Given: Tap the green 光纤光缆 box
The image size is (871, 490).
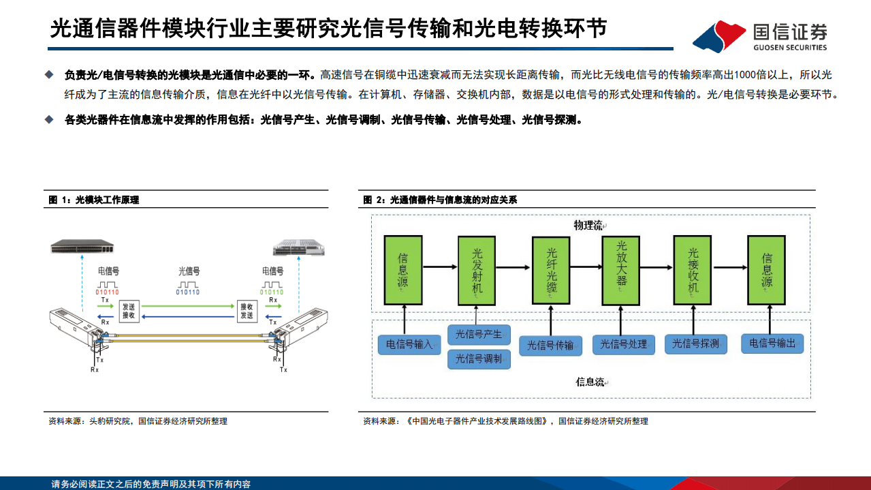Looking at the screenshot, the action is click(552, 270).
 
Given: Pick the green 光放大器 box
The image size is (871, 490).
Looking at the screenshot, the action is click(620, 270).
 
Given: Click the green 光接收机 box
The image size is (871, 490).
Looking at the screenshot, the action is click(693, 270).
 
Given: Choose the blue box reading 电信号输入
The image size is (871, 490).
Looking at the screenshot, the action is click(409, 345).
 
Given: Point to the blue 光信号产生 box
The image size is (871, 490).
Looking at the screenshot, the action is click(478, 335).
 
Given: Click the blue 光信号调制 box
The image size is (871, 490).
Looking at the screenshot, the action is click(478, 359).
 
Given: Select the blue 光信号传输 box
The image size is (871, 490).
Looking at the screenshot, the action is click(550, 346).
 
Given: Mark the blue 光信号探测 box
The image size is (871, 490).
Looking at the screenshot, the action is click(695, 344).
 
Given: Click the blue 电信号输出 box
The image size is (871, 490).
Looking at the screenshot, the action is click(772, 343).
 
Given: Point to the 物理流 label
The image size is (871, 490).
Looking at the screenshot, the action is click(588, 226).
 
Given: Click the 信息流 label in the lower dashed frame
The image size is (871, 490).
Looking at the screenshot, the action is click(590, 382).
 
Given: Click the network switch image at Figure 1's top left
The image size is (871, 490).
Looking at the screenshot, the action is click(83, 246).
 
